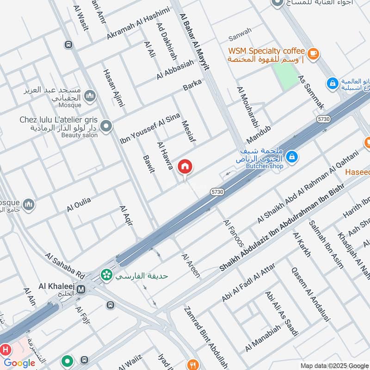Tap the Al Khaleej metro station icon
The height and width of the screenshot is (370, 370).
coord(81,289)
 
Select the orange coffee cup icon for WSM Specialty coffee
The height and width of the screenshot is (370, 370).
coord(314,54)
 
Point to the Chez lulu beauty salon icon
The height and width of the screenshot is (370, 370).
coord(106,126)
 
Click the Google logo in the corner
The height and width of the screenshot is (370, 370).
coord(19,363)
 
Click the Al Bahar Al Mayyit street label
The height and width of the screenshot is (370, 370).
coord(194,42)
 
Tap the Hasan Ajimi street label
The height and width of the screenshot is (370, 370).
coord(114,88)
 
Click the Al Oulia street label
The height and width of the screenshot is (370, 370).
coord(79,204)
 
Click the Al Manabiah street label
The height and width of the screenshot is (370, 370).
coord(263,337)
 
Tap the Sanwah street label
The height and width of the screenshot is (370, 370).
coord(240,31)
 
